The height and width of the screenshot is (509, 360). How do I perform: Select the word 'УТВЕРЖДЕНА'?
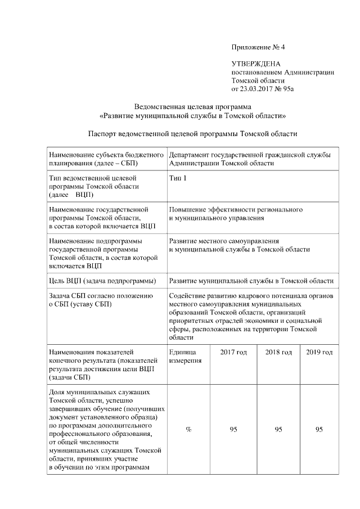click(x=256, y=65)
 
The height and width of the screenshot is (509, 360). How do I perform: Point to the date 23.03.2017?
click(x=257, y=89)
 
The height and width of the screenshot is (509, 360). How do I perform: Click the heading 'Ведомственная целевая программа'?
click(x=192, y=107)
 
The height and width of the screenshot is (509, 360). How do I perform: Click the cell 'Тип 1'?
click(x=178, y=178)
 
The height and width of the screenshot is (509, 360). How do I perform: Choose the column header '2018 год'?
click(x=278, y=352)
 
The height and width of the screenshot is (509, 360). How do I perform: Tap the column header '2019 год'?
click(x=319, y=352)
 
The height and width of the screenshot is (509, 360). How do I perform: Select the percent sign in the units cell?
click(x=188, y=430)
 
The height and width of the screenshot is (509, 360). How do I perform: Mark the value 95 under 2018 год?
click(x=278, y=430)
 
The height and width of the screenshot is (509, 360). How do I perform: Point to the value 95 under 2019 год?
click(x=319, y=430)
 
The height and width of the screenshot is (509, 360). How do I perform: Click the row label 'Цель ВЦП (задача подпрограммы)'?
click(x=102, y=280)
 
